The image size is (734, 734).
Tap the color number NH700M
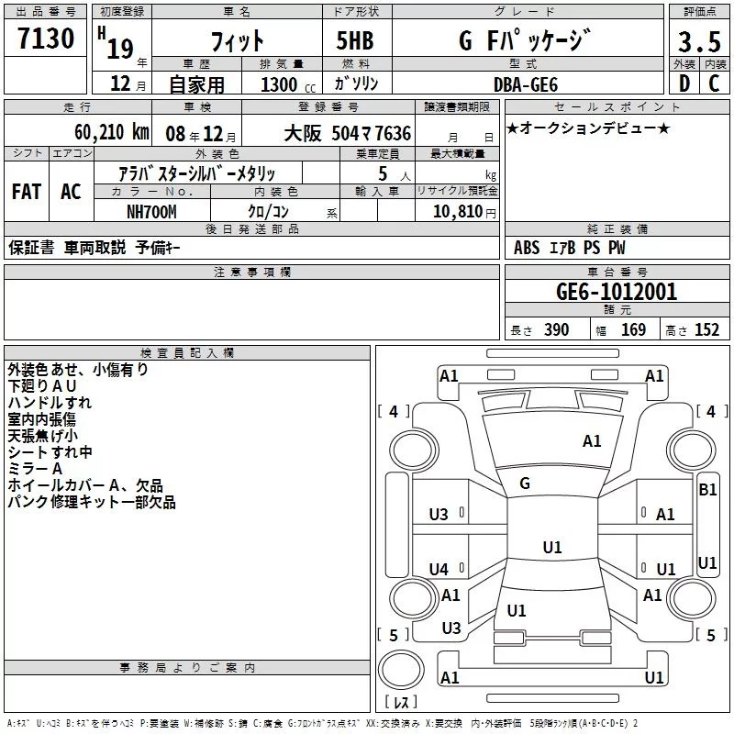(x=152, y=210)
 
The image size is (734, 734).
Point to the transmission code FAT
(x=26, y=192)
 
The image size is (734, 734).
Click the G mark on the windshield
(x=525, y=484)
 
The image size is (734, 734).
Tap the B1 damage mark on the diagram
(x=707, y=490)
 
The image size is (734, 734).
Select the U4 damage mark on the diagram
(x=439, y=570)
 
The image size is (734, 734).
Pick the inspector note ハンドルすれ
(x=50, y=403)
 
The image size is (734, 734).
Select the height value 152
(x=706, y=330)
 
